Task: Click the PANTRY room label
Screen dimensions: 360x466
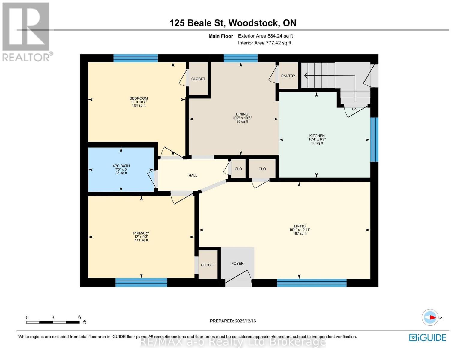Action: pos(288,76)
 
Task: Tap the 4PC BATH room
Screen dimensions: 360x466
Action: pos(121,169)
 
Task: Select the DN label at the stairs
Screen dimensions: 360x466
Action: pos(354,109)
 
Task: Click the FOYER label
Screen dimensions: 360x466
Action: pos(237,263)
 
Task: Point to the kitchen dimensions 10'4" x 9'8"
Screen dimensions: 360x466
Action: pos(317,139)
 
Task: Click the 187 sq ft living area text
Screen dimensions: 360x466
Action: pos(300,233)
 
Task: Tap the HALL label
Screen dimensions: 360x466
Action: pos(193,175)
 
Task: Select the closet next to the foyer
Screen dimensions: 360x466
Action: pos(208,265)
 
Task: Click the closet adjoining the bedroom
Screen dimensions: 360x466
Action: pos(198,79)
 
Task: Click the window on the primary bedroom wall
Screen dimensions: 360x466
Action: pos(141,282)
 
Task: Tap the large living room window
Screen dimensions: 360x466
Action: pos(312,283)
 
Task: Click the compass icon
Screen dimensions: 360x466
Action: pos(430,317)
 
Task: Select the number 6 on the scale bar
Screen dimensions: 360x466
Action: pos(79,317)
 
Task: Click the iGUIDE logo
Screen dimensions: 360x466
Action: pos(428,337)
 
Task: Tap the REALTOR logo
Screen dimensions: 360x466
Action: pos(27,31)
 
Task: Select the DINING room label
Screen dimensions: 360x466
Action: pos(242,114)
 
